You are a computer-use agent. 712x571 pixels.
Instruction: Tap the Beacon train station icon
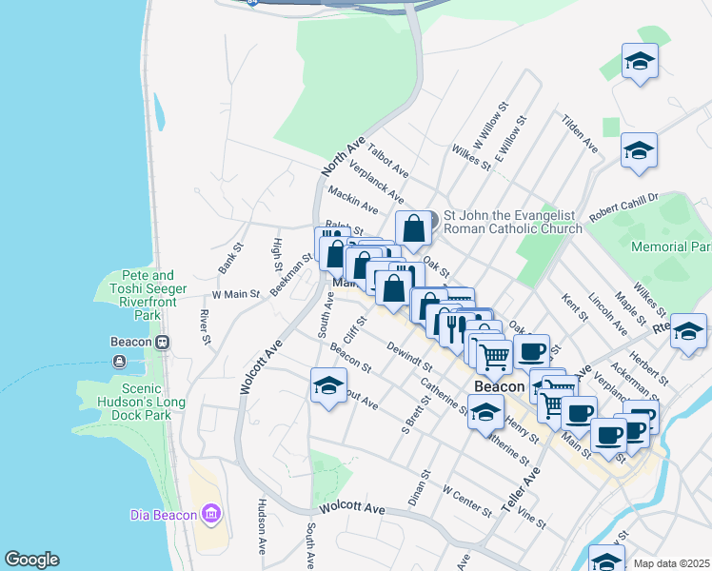[x=163, y=342]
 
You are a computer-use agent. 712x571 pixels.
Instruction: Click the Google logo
[x=31, y=560]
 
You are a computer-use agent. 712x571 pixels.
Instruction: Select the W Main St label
[x=235, y=295]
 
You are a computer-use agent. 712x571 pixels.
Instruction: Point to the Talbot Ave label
[x=387, y=159]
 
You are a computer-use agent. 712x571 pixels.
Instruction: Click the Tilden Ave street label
[x=580, y=134]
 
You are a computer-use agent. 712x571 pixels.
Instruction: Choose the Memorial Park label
[x=671, y=246]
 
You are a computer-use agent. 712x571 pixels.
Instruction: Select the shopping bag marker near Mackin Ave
[x=413, y=228]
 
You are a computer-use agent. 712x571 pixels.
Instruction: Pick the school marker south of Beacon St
[x=327, y=385]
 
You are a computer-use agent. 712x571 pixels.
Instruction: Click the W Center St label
[x=467, y=500]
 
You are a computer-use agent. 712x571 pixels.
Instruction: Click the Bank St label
[x=229, y=259]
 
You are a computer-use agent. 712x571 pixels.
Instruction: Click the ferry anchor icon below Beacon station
[x=119, y=361]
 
